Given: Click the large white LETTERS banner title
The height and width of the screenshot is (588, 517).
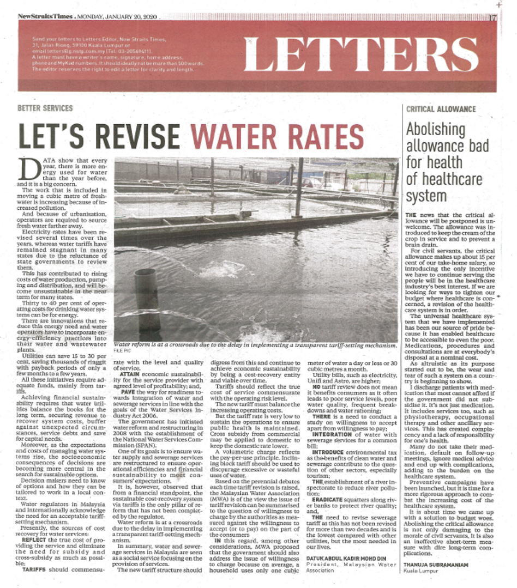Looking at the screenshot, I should coord(360,55).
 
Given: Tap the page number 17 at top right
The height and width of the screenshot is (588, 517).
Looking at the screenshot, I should coord(493,17).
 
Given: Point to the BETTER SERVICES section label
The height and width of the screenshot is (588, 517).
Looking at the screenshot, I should coord(45,108).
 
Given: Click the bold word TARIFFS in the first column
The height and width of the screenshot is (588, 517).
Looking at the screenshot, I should coord(34,569).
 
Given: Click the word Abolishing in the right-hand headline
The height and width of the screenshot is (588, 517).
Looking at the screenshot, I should coord(435,129).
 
